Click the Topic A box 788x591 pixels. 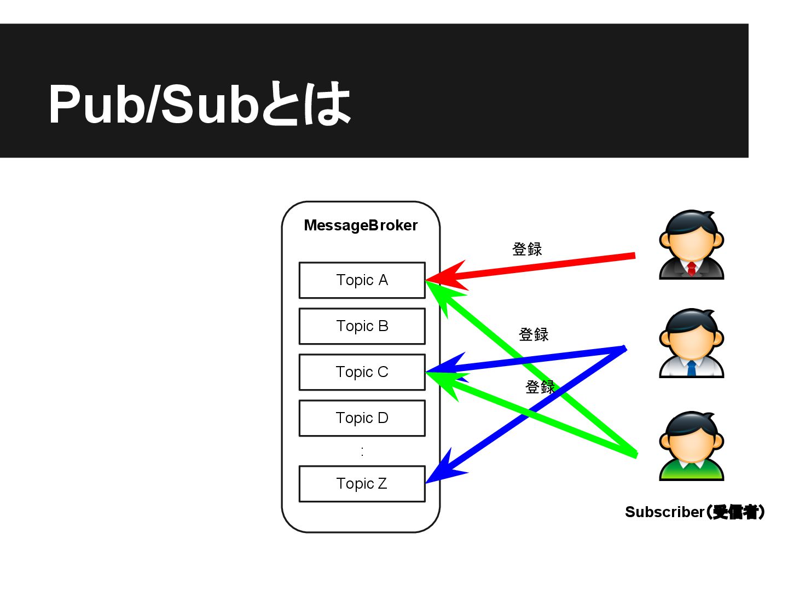362,280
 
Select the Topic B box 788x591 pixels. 362,326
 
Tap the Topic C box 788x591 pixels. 362,372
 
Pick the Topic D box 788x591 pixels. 362,418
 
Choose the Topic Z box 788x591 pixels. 362,484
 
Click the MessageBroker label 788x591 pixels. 361,225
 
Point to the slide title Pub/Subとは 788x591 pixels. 200,104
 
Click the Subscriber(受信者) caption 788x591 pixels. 694,512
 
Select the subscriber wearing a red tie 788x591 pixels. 691,245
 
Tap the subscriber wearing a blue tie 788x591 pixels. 691,343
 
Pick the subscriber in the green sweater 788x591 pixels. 691,446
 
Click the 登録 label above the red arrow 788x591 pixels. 527,250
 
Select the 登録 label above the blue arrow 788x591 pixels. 534,334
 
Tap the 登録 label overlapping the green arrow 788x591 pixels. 540,387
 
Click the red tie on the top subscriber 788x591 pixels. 691,268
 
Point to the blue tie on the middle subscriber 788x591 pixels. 691,368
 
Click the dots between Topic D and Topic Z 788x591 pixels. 362,451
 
